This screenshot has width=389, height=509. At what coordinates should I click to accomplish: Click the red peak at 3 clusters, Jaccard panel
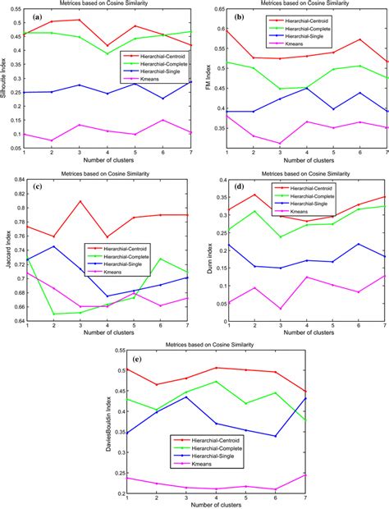[x=80, y=201]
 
